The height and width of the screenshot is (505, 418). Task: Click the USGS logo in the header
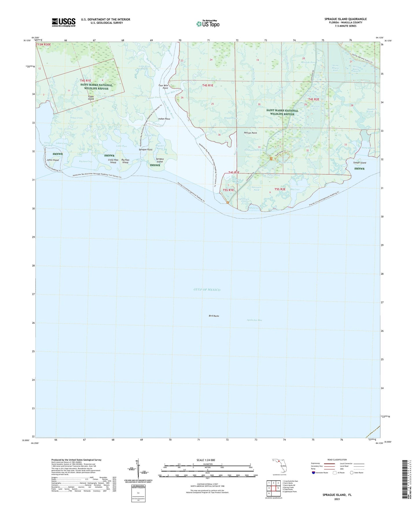click(64, 22)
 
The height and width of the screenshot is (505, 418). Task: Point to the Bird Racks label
click(214, 316)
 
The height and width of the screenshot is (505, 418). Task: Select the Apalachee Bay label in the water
click(254, 320)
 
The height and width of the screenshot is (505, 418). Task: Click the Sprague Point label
click(146, 150)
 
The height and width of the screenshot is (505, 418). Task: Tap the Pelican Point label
click(250, 133)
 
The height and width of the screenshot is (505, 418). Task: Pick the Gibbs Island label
click(91, 97)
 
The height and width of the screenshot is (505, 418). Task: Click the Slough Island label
click(360, 163)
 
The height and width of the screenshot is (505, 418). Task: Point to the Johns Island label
click(53, 160)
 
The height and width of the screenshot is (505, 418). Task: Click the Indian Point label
click(164, 119)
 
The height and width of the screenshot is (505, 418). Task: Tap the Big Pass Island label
click(125, 161)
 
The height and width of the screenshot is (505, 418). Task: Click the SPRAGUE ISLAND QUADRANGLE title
click(345, 19)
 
